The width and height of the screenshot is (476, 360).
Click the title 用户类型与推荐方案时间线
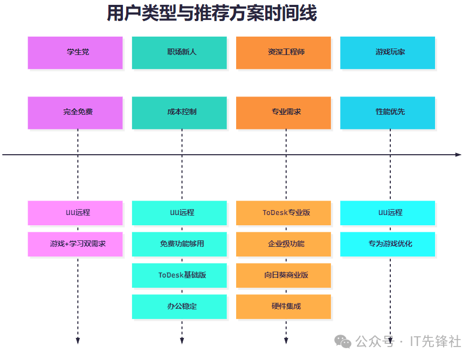211,13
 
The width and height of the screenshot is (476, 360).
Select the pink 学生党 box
75,52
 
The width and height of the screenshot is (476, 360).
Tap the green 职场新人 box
179,52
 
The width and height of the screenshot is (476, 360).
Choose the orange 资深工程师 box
284,52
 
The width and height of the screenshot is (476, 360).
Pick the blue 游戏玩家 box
388,52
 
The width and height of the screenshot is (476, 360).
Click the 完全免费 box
75,112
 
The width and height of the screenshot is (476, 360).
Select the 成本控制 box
179,112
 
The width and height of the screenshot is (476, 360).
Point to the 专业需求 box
284,112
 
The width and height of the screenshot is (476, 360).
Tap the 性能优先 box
388,112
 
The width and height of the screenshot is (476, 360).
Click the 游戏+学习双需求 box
75,244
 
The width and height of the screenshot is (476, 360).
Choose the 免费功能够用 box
179,244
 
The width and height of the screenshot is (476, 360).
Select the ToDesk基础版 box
179,275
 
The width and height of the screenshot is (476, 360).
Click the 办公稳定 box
179,306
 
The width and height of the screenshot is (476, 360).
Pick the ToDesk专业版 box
284,212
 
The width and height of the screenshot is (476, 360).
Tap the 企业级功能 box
284,244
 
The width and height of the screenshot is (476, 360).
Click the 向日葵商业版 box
284,275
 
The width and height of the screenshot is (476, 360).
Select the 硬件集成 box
284,306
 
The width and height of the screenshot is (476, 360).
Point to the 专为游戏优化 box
388,244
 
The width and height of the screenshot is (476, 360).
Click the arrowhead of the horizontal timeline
458,155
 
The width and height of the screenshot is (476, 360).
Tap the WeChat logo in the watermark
342,341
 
